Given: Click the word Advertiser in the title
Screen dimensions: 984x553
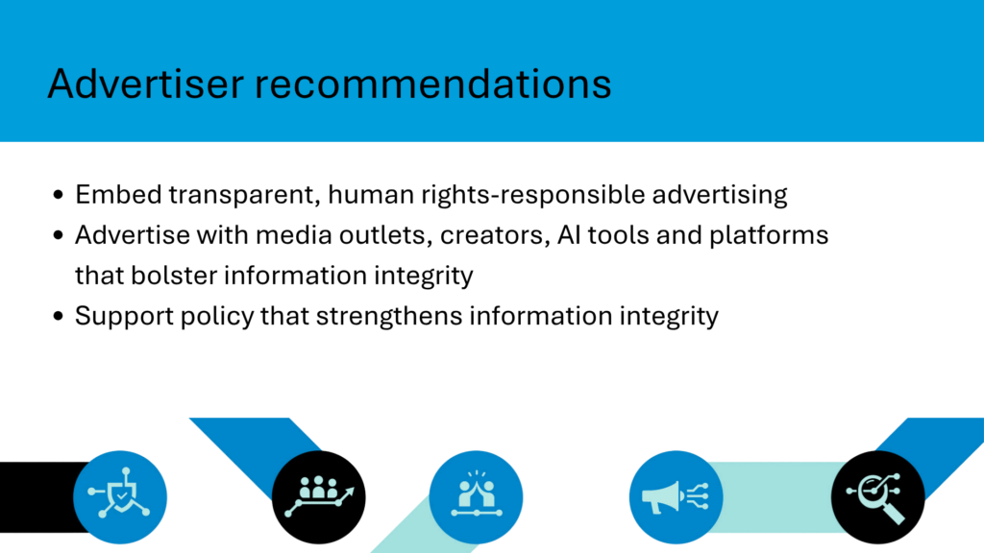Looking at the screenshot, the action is point(146,84).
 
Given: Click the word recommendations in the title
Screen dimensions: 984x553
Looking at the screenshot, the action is point(433,84).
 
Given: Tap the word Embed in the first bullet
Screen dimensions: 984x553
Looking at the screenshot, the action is point(118,194).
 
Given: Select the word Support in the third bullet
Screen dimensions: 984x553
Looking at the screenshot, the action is point(124,316).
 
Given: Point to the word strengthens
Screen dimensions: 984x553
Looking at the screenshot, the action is point(389,316).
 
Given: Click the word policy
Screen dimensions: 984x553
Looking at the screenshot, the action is point(217,316).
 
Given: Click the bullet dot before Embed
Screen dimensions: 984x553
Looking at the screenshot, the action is point(59,195).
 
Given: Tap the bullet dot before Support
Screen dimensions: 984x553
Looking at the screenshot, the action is point(59,316).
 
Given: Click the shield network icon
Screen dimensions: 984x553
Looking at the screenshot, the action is point(120,497).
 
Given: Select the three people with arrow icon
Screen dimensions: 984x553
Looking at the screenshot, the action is point(319,497).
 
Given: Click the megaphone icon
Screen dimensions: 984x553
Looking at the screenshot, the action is point(676,497).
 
